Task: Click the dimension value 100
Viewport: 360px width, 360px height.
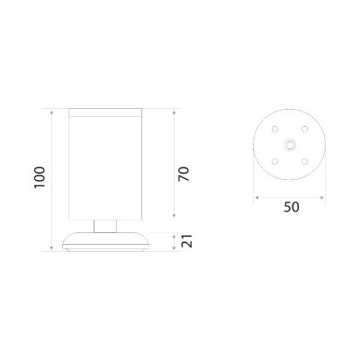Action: [x=40, y=177]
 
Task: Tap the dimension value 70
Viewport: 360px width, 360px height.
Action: [x=184, y=174]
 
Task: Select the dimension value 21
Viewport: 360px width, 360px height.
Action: [x=186, y=241]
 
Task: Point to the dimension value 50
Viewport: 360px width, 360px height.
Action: [x=292, y=207]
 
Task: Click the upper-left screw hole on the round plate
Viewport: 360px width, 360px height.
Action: [x=274, y=129]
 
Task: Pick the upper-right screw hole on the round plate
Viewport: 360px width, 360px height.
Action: [x=305, y=129]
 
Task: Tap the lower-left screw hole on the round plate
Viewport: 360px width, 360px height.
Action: [x=274, y=162]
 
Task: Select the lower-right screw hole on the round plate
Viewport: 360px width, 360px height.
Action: [x=305, y=162]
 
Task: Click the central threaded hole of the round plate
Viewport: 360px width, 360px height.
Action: [x=290, y=145]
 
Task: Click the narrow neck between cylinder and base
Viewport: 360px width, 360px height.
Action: [x=105, y=226]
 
